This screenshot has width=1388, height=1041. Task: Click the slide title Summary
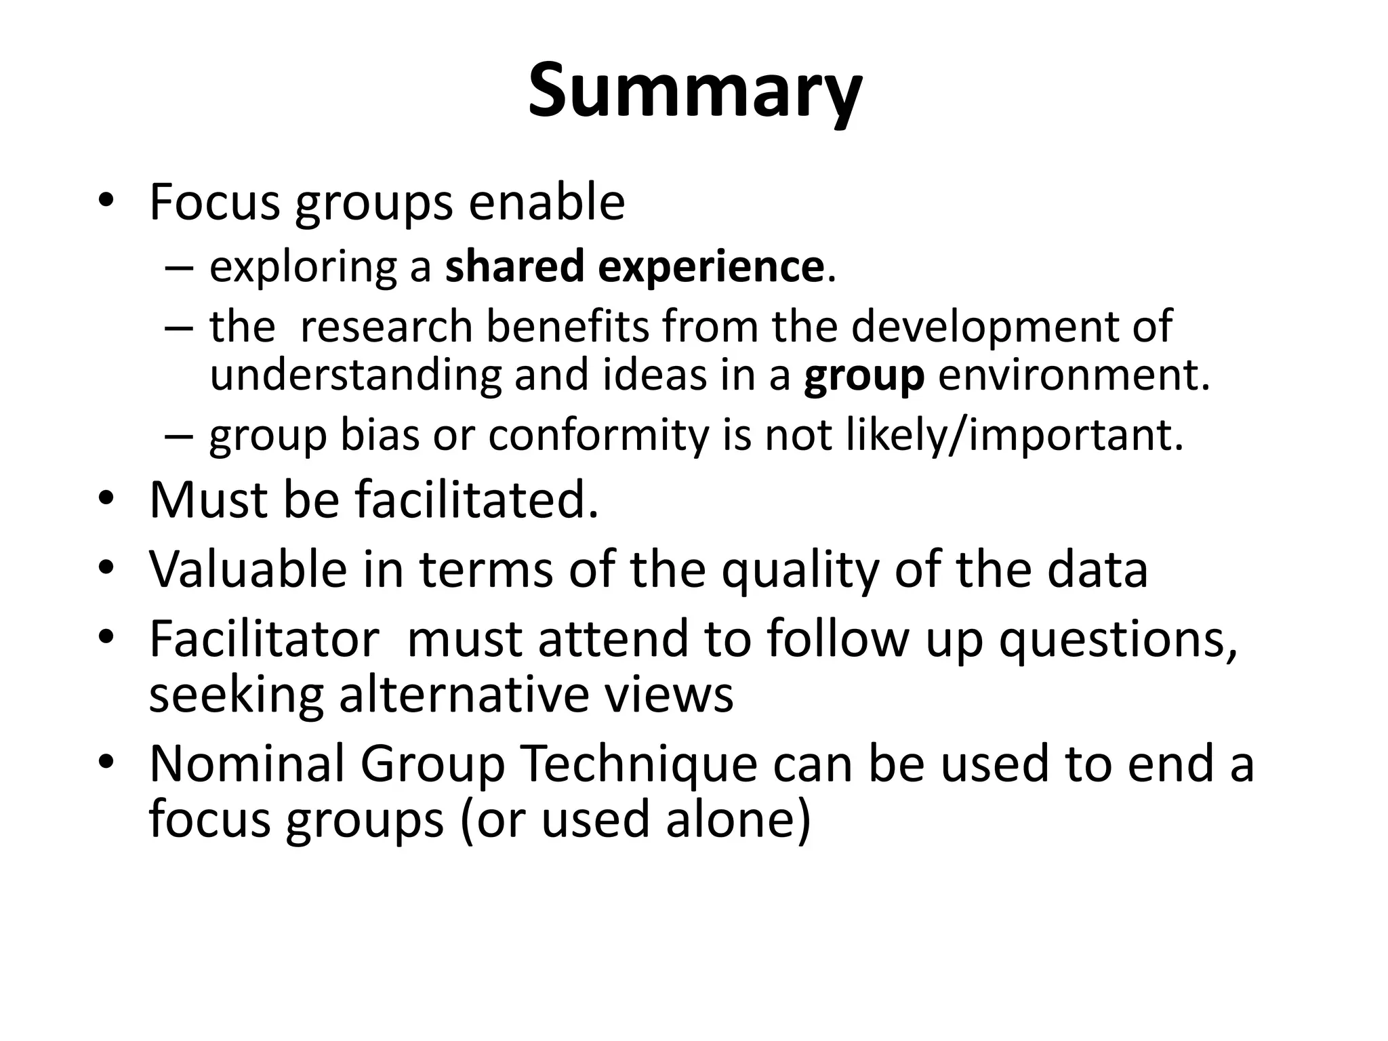pyautogui.click(x=694, y=91)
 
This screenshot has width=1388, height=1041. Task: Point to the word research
pyautogui.click(x=386, y=326)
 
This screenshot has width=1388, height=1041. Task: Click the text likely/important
pyautogui.click(x=1015, y=435)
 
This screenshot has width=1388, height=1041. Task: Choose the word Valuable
pyautogui.click(x=248, y=569)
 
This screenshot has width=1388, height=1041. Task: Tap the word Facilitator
pyautogui.click(x=264, y=638)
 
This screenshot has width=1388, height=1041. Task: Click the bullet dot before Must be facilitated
pyautogui.click(x=106, y=499)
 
